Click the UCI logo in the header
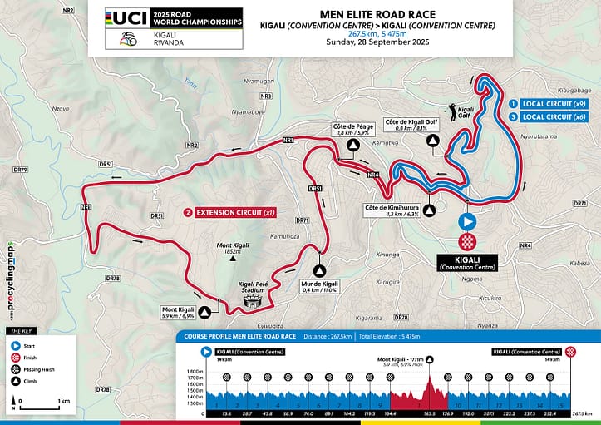126,19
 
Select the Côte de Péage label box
353,129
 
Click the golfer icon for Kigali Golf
454,109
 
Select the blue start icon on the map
467,222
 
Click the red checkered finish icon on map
467,241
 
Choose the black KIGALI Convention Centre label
467,263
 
